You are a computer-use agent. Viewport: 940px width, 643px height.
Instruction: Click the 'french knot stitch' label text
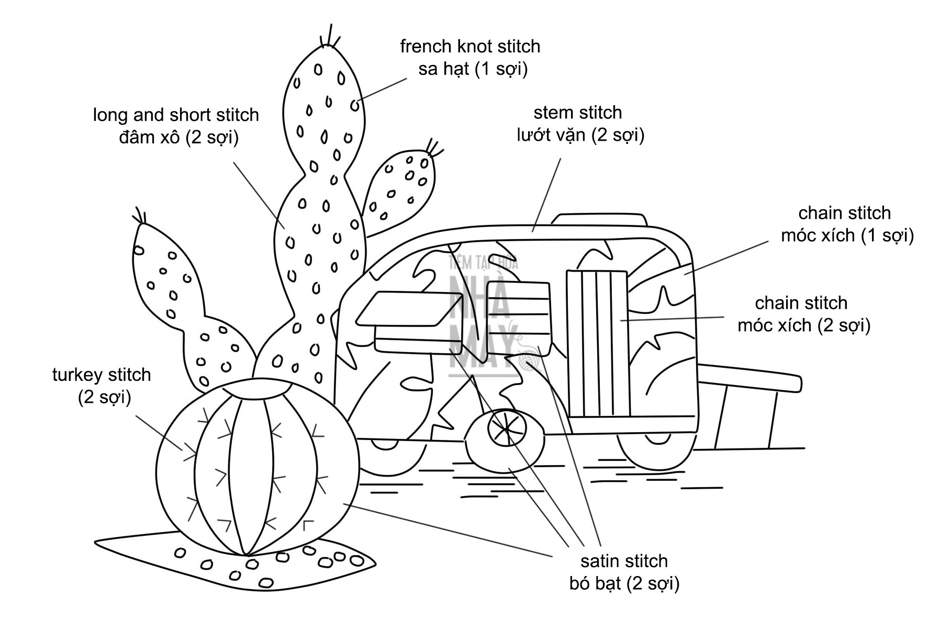[469, 47]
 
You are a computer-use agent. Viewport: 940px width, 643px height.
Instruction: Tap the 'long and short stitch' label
[176, 115]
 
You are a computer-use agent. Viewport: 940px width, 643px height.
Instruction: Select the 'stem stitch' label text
[578, 112]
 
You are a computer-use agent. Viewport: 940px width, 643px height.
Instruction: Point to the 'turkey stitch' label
[102, 375]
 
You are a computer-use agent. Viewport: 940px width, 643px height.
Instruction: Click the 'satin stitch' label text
[624, 561]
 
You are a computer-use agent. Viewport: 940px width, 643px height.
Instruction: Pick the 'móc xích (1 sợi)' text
[847, 235]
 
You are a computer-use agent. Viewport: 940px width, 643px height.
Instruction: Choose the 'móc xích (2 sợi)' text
[803, 325]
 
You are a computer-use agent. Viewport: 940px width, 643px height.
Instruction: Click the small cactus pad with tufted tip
[400, 188]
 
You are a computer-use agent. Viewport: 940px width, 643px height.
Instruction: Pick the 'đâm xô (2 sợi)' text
[178, 138]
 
